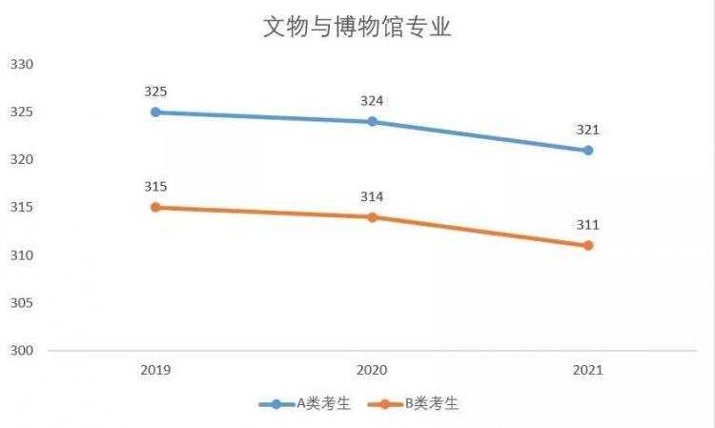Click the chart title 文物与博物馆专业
(x=357, y=27)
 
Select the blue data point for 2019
(x=155, y=112)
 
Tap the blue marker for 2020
(x=372, y=122)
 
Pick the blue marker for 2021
(x=588, y=151)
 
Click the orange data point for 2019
(x=155, y=208)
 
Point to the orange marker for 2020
(x=372, y=217)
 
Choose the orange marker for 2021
(x=588, y=246)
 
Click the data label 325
(x=155, y=92)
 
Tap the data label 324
(x=372, y=101)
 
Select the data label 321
(x=588, y=131)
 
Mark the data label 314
(x=372, y=197)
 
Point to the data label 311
(x=588, y=225)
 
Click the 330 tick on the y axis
(x=22, y=65)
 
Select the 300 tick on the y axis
(x=22, y=351)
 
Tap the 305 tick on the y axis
(x=22, y=303)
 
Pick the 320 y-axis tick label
(x=22, y=159)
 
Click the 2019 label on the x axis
(x=155, y=370)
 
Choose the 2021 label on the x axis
(x=588, y=370)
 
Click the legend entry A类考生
(x=305, y=404)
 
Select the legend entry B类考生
(x=413, y=404)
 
